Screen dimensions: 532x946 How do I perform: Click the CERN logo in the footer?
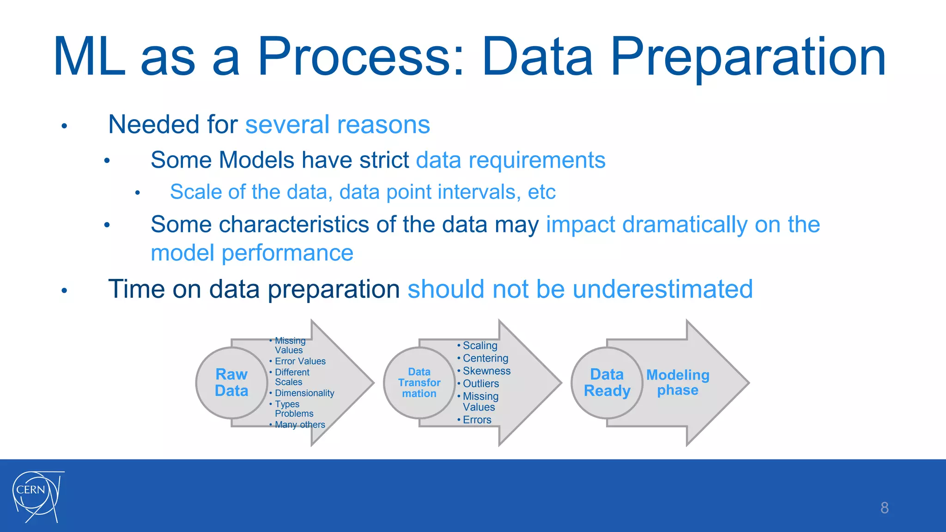pos(37,496)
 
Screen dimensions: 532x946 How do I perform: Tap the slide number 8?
pos(884,508)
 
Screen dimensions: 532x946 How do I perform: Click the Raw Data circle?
pos(231,382)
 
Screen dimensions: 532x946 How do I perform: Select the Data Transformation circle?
pos(419,382)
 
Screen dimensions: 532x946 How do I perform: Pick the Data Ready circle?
pos(606,382)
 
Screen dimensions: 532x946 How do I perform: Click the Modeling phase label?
pos(678,382)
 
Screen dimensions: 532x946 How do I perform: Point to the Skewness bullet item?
pos(486,371)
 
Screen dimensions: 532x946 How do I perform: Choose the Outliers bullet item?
pos(480,383)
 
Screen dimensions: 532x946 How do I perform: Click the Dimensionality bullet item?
pos(304,393)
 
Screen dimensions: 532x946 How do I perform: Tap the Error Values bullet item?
pos(300,361)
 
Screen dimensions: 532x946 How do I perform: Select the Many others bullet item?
pos(300,424)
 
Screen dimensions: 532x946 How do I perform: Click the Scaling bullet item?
pos(480,345)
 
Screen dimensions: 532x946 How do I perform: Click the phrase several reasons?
pos(338,125)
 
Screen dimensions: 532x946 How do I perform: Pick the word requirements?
pos(537,160)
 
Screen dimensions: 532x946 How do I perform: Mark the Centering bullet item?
pos(485,358)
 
